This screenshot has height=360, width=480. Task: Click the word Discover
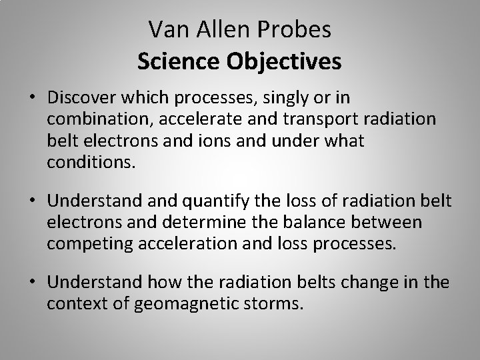coord(86,99)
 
